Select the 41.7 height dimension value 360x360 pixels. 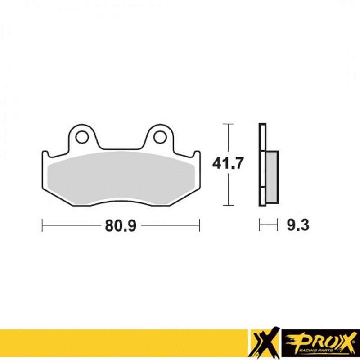229,164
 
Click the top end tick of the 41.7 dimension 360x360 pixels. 229,123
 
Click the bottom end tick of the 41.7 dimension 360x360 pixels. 229,205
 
